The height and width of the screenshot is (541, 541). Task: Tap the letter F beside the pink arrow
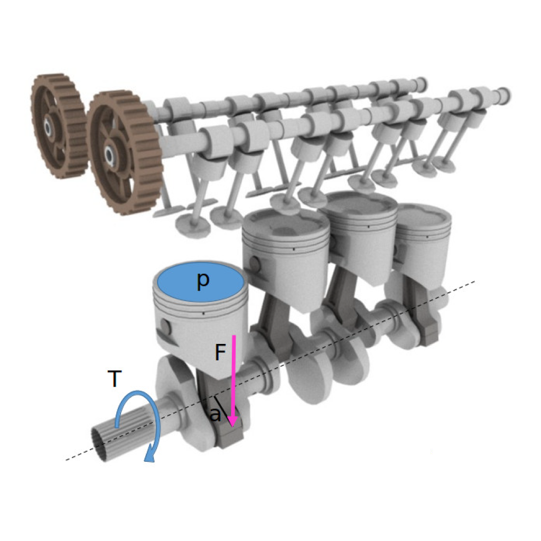coord(220,352)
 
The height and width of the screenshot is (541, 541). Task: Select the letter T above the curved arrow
coord(115,379)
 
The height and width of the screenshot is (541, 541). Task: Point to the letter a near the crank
coord(216,414)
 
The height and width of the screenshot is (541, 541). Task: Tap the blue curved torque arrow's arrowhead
coord(150,456)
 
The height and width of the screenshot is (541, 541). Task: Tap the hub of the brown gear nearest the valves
coord(110,153)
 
